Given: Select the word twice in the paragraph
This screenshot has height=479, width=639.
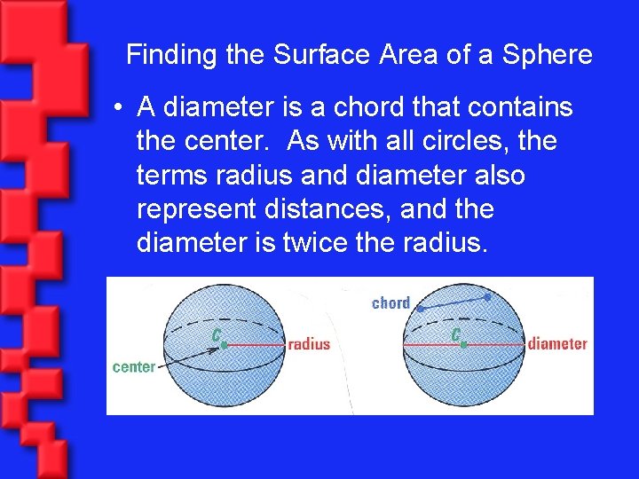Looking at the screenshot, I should (x=315, y=243).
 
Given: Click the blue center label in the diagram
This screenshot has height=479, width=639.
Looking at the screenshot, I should (x=133, y=366).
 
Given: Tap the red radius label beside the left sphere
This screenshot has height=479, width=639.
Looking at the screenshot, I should (x=309, y=344).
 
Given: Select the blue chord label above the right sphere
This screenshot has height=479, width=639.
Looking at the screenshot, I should (x=390, y=303).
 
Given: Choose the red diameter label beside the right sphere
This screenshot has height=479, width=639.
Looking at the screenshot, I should (x=557, y=344).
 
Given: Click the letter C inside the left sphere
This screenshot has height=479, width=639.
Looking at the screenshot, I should (x=215, y=334).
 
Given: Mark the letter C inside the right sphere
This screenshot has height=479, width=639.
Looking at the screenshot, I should (x=454, y=334).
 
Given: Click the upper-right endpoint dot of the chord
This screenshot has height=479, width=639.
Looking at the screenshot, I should (x=487, y=297).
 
